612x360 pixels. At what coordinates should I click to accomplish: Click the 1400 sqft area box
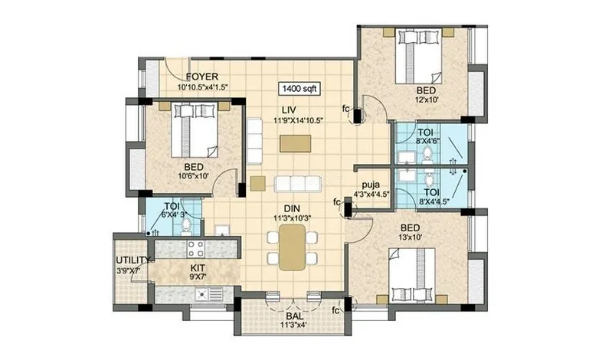(299, 89)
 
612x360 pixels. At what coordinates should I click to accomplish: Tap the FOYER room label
(201, 77)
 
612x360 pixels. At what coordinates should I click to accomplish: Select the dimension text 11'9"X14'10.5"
(299, 120)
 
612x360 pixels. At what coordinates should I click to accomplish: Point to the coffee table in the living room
(296, 143)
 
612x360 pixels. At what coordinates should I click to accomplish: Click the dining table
(292, 247)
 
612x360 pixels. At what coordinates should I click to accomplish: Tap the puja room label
(371, 185)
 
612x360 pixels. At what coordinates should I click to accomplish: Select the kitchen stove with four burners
(195, 249)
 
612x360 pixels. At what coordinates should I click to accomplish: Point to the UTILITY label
(133, 260)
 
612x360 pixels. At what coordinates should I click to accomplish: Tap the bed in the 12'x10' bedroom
(419, 56)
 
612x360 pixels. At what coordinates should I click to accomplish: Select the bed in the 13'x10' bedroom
(412, 276)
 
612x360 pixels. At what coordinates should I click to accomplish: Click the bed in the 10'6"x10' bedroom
(194, 129)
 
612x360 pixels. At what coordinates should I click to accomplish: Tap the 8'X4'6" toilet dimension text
(427, 141)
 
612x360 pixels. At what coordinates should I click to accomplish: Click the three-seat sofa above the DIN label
(298, 184)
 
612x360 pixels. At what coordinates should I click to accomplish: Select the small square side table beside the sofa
(257, 184)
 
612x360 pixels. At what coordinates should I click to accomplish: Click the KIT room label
(198, 268)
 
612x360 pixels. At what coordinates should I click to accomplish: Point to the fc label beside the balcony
(335, 310)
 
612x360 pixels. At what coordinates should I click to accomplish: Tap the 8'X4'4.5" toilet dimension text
(434, 201)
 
